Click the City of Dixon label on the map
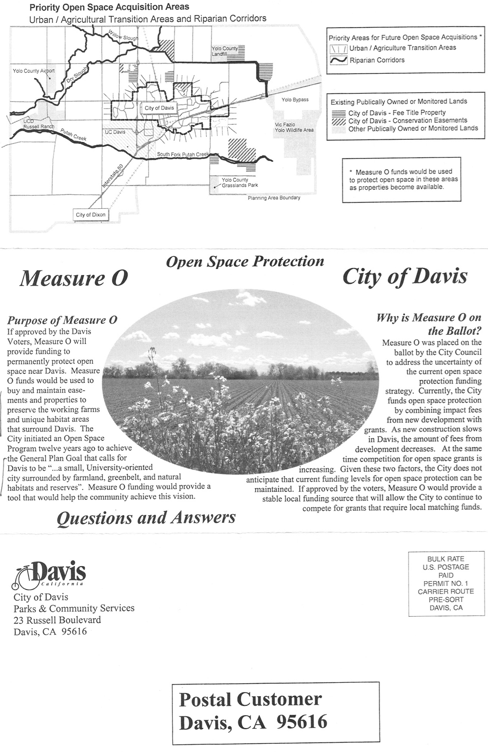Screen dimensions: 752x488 click(91, 215)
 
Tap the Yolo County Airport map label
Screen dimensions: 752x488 click(33, 71)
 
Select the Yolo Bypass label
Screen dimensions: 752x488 click(295, 100)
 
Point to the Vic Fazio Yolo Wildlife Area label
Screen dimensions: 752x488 click(294, 127)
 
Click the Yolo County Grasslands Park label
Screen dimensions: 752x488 click(240, 182)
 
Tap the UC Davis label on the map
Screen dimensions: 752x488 click(115, 132)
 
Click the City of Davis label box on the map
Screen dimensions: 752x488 click(159, 108)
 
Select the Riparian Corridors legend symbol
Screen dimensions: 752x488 click(338, 60)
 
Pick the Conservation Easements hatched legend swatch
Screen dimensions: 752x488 click(338, 121)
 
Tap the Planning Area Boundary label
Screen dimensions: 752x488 click(274, 198)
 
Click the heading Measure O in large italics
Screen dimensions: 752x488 click(74, 278)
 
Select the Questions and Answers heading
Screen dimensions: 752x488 click(146, 518)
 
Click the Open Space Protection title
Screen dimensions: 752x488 click(245, 261)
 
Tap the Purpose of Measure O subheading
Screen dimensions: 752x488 click(62, 320)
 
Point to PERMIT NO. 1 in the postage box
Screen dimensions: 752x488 click(446, 583)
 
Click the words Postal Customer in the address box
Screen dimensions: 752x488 click(250, 699)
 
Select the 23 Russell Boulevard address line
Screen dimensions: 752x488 click(57, 620)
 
